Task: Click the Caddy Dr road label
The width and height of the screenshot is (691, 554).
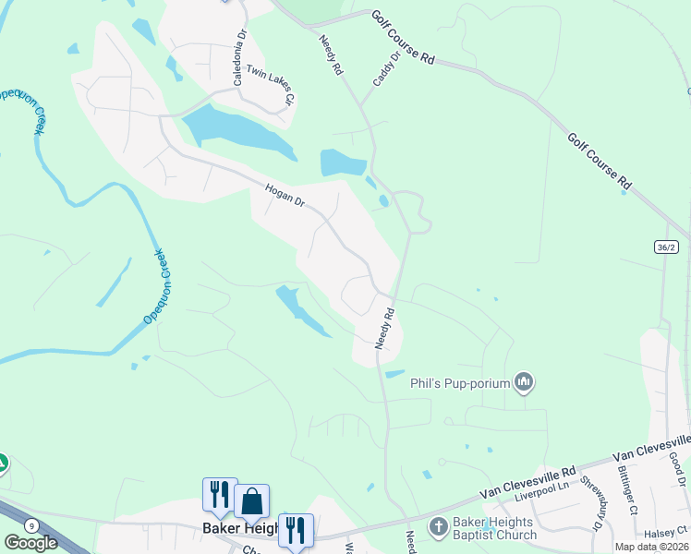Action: [x=387, y=68]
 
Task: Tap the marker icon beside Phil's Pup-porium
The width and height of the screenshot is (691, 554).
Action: [x=525, y=381]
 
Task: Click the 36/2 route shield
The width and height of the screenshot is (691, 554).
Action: [x=666, y=247]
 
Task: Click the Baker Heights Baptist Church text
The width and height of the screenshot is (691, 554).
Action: [x=494, y=528]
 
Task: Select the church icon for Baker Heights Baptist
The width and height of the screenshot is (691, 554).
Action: [x=439, y=527]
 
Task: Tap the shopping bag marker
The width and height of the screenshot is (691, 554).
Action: [x=251, y=501]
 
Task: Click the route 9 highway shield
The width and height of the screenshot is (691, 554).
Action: [x=33, y=525]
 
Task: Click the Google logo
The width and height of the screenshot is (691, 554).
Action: [x=30, y=542]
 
